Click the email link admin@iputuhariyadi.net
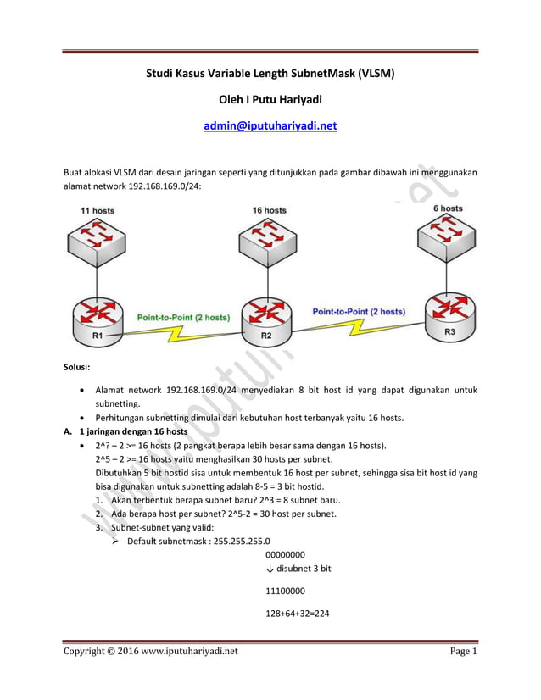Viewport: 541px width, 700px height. [270, 125]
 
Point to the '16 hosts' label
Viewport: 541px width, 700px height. [269, 210]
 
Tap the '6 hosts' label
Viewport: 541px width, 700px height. [448, 208]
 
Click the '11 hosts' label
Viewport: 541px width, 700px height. [98, 210]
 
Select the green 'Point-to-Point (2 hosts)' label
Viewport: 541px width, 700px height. [183, 317]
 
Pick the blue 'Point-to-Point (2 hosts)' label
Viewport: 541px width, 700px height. [359, 311]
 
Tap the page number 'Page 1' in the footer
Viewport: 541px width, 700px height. [464, 651]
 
